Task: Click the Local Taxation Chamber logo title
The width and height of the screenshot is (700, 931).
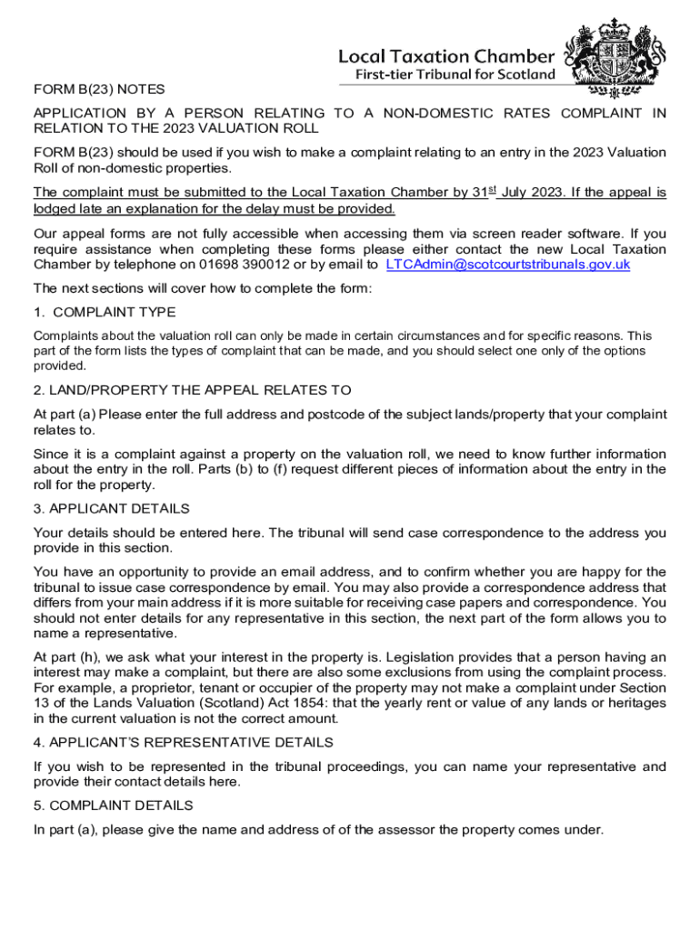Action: point(445,55)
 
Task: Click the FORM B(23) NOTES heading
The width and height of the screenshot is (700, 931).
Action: point(99,89)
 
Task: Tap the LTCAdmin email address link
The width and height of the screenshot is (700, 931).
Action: point(507,265)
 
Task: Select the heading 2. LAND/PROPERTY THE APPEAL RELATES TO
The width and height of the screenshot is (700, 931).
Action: point(192,391)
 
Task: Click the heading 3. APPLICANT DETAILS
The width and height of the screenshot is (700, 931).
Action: point(112,509)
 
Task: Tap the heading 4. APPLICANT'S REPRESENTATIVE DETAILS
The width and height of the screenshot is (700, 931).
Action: point(183,743)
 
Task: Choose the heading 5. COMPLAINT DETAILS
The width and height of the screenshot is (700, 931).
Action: point(113,806)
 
